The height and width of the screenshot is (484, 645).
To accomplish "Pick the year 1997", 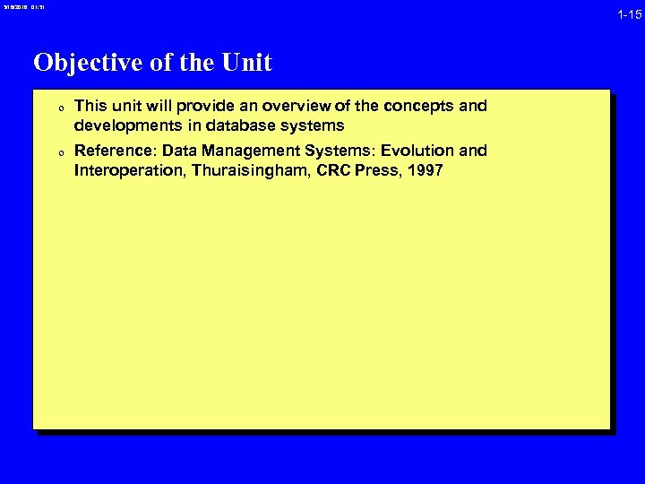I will pyautogui.click(x=424, y=170).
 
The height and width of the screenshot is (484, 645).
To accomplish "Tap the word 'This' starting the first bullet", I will pyautogui.click(x=90, y=107).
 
